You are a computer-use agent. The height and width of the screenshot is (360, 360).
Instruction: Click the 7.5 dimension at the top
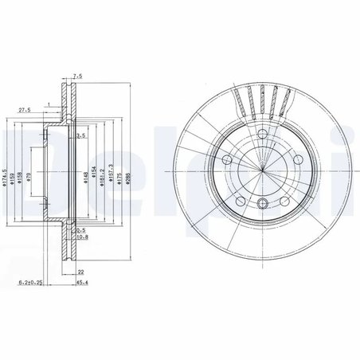click(77, 77)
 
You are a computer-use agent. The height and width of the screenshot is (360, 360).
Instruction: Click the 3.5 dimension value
click(80, 136)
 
